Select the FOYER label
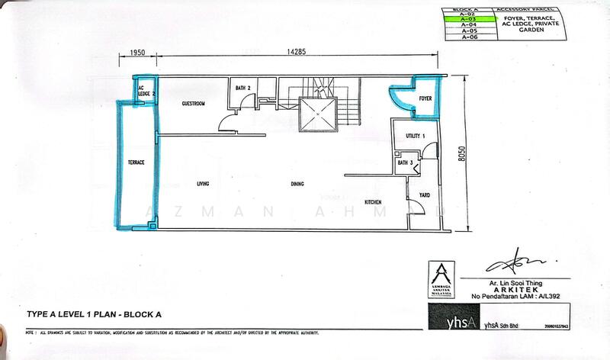coord(425,98)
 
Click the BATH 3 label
coord(405,162)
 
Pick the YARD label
coord(425,195)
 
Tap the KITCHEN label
coord(373,201)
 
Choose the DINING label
coord(297,184)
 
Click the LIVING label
coord(203,184)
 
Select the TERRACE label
coord(136,162)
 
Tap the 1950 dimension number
coord(138,53)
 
